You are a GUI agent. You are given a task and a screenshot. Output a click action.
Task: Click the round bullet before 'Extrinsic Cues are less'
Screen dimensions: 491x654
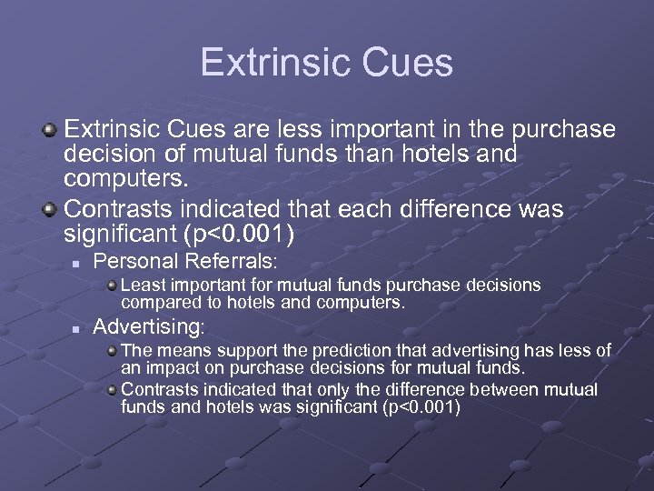[x=50, y=130]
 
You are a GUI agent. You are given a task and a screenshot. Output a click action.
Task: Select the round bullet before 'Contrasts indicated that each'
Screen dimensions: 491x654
[x=50, y=210]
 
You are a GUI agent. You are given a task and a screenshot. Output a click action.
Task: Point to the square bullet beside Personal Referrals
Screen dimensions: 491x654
[x=79, y=263]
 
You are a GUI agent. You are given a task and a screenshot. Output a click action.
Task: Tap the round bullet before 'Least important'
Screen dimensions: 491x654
[x=111, y=286]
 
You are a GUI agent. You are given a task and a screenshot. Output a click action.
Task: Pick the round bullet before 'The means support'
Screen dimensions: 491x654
[x=111, y=350]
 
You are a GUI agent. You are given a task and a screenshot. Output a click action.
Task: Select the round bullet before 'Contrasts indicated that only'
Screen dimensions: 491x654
[x=111, y=390]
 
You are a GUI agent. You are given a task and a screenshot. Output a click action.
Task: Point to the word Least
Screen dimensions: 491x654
[x=142, y=286]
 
